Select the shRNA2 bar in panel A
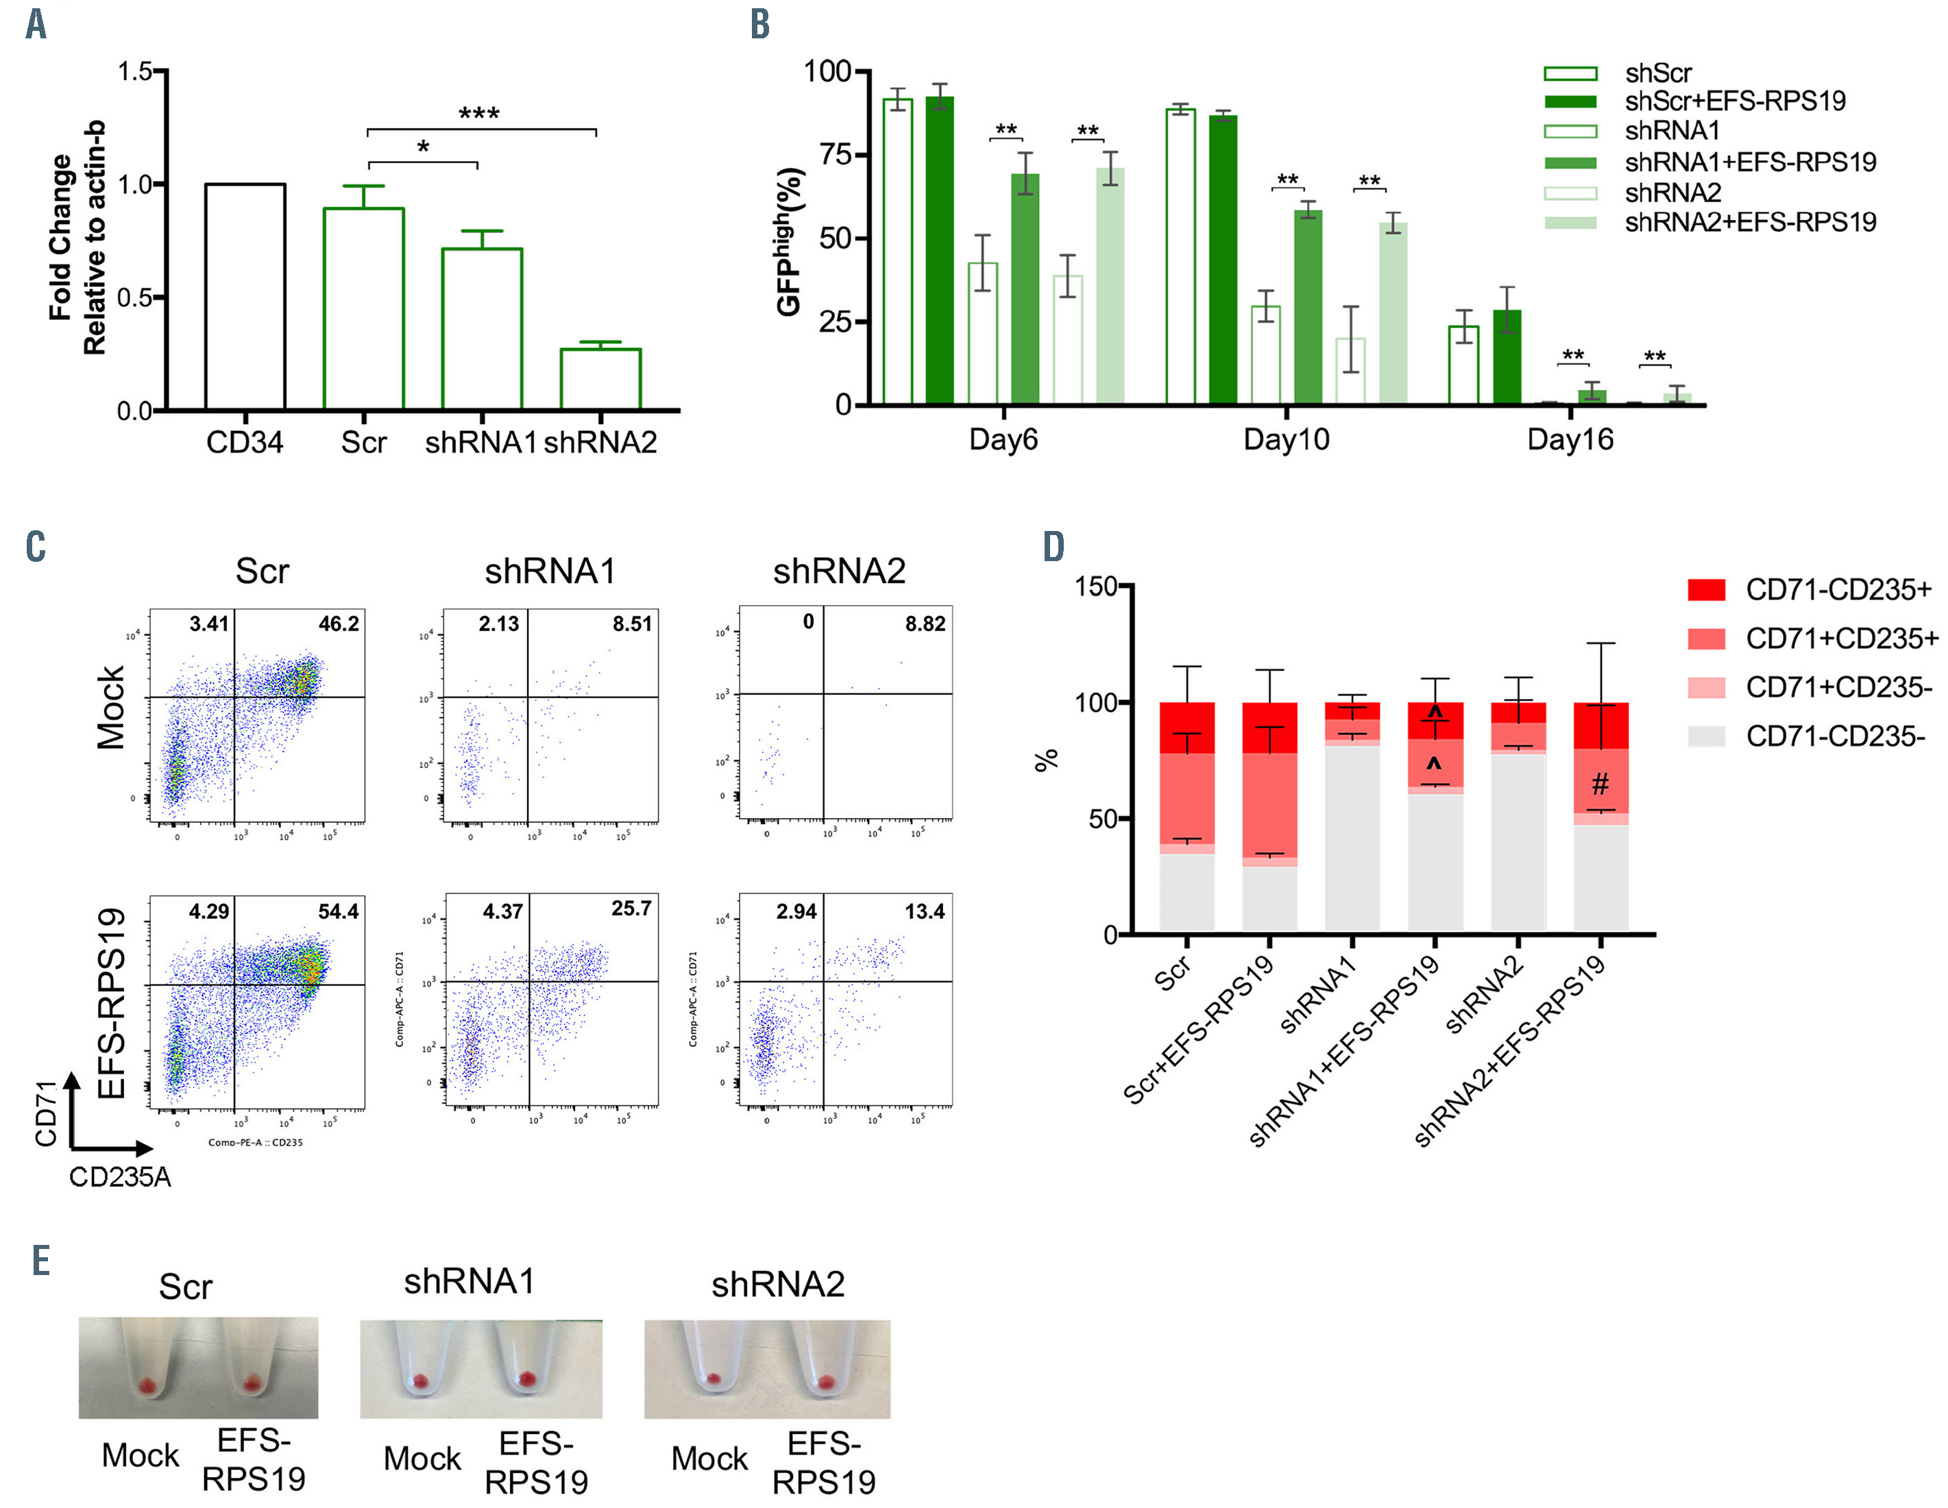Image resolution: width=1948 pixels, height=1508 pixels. click(600, 379)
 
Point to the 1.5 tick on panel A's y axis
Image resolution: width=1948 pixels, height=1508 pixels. click(136, 71)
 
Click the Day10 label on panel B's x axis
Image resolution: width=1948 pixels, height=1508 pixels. click(1286, 440)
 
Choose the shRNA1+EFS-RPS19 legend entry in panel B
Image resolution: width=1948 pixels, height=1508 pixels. click(1750, 162)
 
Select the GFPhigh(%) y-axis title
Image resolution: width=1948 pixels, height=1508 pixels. click(790, 240)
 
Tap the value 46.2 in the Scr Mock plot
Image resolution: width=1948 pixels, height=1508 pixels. click(339, 624)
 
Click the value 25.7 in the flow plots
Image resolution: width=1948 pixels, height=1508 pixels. click(631, 908)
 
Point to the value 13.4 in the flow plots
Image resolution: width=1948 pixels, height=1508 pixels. click(925, 911)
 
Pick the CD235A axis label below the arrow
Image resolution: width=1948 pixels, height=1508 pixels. click(119, 1177)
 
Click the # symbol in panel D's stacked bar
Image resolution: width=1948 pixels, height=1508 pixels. click(1600, 784)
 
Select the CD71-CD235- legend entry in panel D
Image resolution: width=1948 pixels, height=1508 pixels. click(1836, 737)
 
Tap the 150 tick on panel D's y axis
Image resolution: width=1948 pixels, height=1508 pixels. click(1096, 586)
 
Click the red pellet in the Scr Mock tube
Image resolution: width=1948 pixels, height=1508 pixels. click(148, 1386)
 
